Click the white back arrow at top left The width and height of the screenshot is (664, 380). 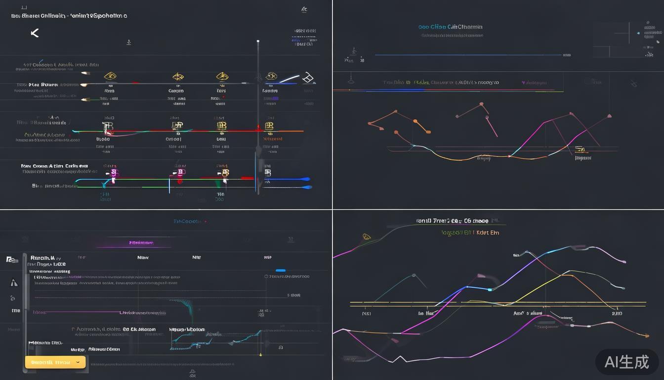pyautogui.click(x=35, y=33)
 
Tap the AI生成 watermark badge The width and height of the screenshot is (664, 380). pyautogui.click(x=626, y=362)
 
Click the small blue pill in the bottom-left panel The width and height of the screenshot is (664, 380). pyautogui.click(x=281, y=271)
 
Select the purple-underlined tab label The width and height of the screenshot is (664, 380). pyautogui.click(x=141, y=243)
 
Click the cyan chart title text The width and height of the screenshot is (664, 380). pyautogui.click(x=450, y=27)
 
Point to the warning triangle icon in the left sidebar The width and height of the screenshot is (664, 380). pyautogui.click(x=14, y=283)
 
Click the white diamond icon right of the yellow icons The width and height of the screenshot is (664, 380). pyautogui.click(x=308, y=77)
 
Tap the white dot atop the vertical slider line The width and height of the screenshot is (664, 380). pyautogui.click(x=258, y=42)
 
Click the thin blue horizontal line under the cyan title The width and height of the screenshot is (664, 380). pyautogui.click(x=467, y=55)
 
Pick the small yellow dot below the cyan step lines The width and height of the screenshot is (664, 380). pyautogui.click(x=260, y=355)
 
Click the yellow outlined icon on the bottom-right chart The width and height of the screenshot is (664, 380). pyautogui.click(x=367, y=237)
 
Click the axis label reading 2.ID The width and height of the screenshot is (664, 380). pyautogui.click(x=617, y=314)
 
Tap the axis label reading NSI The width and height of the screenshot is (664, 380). pyautogui.click(x=367, y=314)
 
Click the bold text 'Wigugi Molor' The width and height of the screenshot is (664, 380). pyautogui.click(x=187, y=329)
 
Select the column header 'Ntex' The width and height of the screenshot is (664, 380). pyautogui.click(x=143, y=258)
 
